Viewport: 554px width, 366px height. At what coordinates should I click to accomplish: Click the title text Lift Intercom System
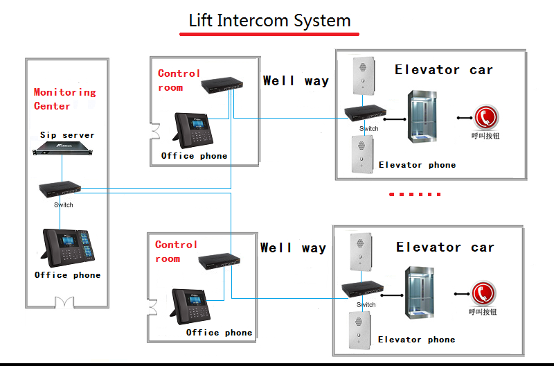point(269,20)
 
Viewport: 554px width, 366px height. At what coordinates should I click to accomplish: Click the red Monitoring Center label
point(64,99)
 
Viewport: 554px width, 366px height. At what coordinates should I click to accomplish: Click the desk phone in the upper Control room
point(193,129)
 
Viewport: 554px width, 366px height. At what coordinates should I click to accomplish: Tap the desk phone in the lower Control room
point(192,306)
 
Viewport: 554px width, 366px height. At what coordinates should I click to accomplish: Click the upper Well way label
point(296,81)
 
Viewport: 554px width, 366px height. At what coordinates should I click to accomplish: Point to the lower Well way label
point(293,247)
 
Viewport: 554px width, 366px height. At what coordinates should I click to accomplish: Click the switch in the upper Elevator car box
point(367,114)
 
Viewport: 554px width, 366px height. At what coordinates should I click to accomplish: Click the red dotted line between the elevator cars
point(415,195)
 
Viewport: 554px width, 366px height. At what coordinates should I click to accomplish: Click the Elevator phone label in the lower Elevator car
point(417,340)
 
